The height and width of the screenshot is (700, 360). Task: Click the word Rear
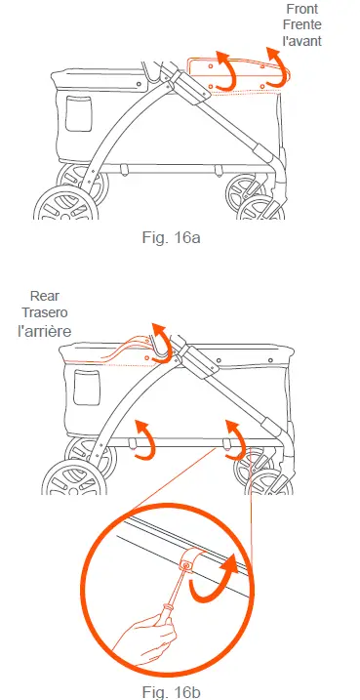coord(46,294)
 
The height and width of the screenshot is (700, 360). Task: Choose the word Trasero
coord(46,311)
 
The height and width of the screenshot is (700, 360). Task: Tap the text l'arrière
coord(46,330)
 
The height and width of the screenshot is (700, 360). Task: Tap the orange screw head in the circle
coord(187,565)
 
